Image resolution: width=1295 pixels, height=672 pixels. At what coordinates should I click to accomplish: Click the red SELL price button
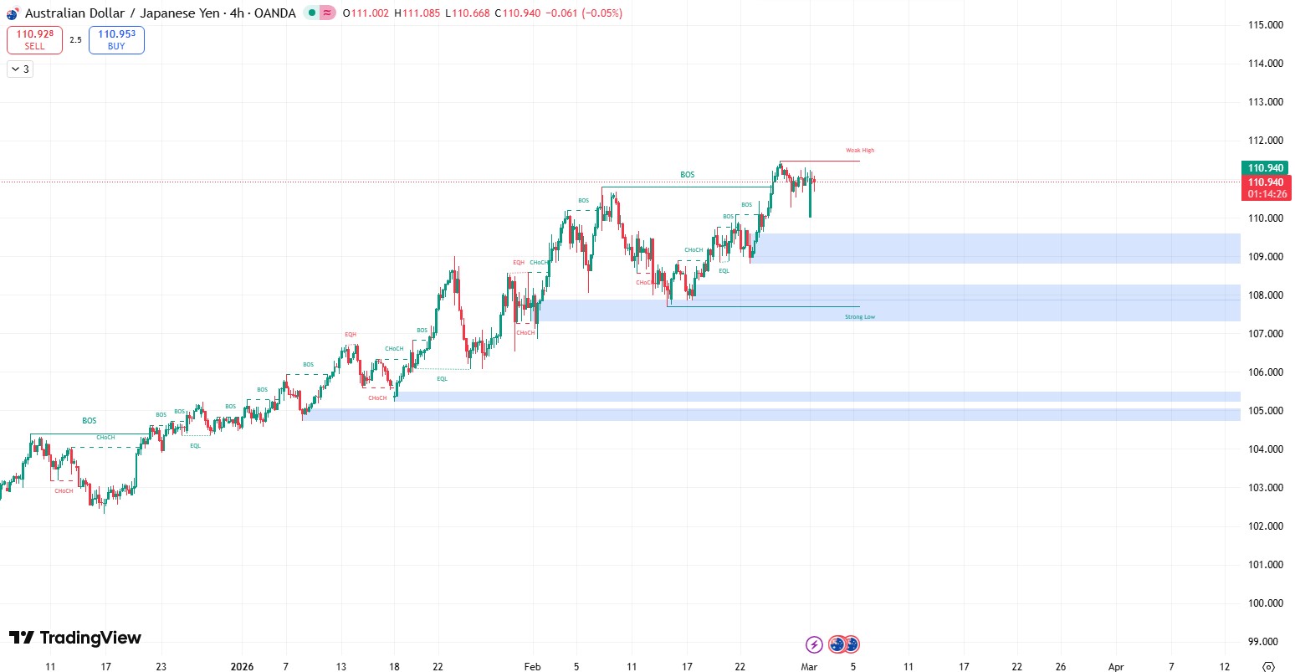pyautogui.click(x=34, y=40)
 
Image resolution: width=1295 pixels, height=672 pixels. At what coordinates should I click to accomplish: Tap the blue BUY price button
pyautogui.click(x=116, y=40)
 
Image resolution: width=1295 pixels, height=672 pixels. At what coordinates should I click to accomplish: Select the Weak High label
pyautogui.click(x=859, y=151)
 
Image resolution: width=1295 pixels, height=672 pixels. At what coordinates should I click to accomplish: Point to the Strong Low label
pyautogui.click(x=859, y=317)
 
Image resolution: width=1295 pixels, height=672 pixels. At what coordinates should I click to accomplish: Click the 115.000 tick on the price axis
pyautogui.click(x=1266, y=25)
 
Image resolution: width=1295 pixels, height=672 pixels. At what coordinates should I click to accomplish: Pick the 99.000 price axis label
pyautogui.click(x=1266, y=642)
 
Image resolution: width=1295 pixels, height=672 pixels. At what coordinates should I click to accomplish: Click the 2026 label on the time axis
pyautogui.click(x=242, y=667)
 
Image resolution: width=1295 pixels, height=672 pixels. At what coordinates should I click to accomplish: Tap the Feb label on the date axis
pyautogui.click(x=532, y=667)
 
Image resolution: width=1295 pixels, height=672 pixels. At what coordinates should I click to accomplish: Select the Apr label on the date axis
pyautogui.click(x=1116, y=667)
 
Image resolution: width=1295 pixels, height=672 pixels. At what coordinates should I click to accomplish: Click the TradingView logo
pyautogui.click(x=75, y=639)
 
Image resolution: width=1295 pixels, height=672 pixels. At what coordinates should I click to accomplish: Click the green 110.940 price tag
pyautogui.click(x=1266, y=168)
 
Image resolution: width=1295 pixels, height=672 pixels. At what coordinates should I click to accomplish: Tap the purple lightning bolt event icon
pyautogui.click(x=814, y=644)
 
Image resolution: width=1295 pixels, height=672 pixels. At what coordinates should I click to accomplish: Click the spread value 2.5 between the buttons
pyautogui.click(x=75, y=40)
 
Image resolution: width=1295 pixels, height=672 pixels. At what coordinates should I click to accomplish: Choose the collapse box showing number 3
pyautogui.click(x=20, y=69)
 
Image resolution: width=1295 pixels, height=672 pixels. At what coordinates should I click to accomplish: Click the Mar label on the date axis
pyautogui.click(x=809, y=667)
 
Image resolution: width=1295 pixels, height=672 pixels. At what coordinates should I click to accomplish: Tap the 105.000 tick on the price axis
pyautogui.click(x=1266, y=411)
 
